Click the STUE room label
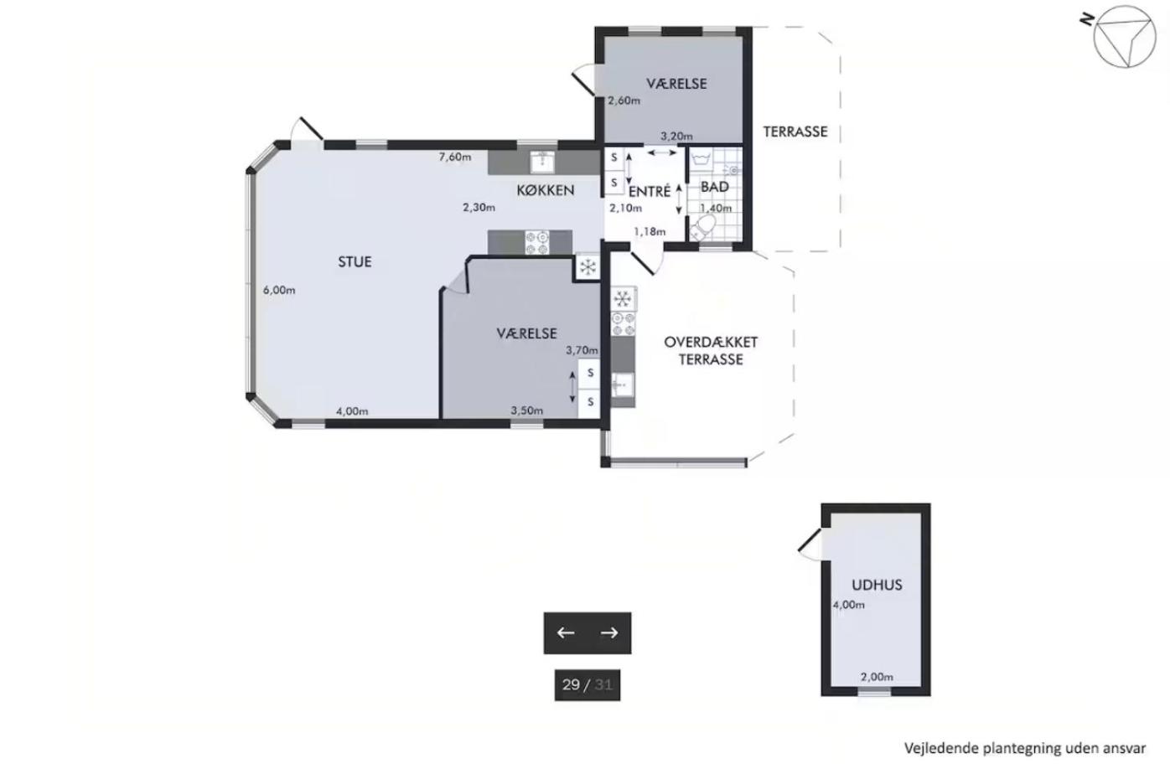[x=355, y=261]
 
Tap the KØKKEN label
[x=546, y=190]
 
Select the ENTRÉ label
[x=650, y=192]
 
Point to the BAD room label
[x=715, y=187]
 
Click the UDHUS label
[x=877, y=585]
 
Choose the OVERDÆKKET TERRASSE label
[x=711, y=351]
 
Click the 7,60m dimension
[x=455, y=157]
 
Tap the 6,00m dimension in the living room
[x=279, y=290]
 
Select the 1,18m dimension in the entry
[x=650, y=231]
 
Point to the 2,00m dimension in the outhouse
[x=877, y=677]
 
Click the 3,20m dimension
[x=677, y=137]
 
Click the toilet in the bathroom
[x=702, y=229]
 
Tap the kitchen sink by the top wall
[x=543, y=162]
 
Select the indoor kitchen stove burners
[x=537, y=243]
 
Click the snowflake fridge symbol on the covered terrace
[x=622, y=299]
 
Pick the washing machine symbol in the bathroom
[x=699, y=159]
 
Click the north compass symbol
[x=1124, y=37]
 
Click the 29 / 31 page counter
[x=587, y=684]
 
